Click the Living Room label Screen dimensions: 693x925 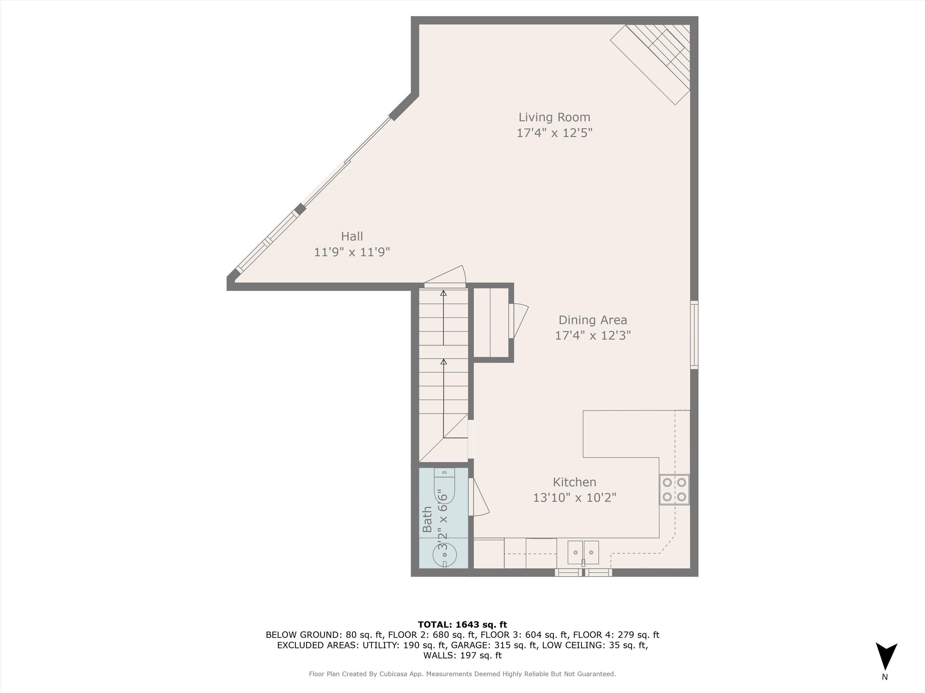[x=554, y=117]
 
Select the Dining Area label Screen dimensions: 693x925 [x=593, y=320]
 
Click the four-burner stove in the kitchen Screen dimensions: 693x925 [x=674, y=490]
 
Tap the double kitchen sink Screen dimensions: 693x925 [x=583, y=552]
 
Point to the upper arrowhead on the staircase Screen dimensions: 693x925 [x=443, y=293]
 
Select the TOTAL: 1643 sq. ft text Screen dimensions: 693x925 [x=462, y=624]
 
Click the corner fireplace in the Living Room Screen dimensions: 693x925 [x=656, y=58]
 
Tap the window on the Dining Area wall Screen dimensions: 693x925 [x=694, y=335]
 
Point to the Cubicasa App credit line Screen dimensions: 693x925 [x=462, y=674]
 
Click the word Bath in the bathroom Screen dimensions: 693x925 [x=427, y=519]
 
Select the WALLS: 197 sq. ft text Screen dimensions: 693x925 [x=462, y=655]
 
